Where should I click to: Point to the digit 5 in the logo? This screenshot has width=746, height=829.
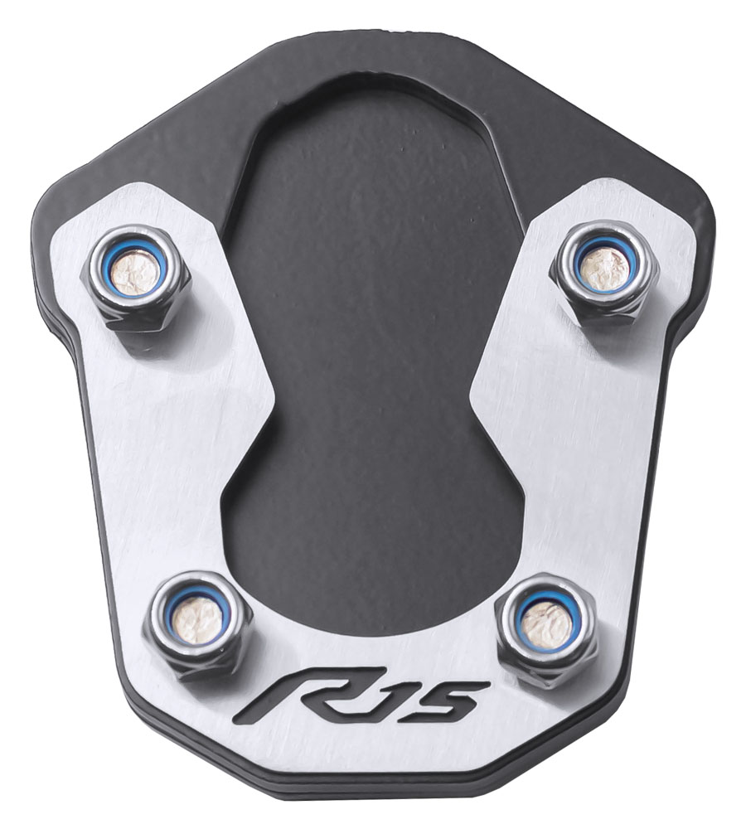tap(452, 699)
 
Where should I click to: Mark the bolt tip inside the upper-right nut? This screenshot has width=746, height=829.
tap(599, 264)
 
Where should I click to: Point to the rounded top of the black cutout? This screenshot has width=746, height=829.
tap(365, 91)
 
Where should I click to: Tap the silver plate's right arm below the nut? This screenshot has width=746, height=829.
tap(572, 448)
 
